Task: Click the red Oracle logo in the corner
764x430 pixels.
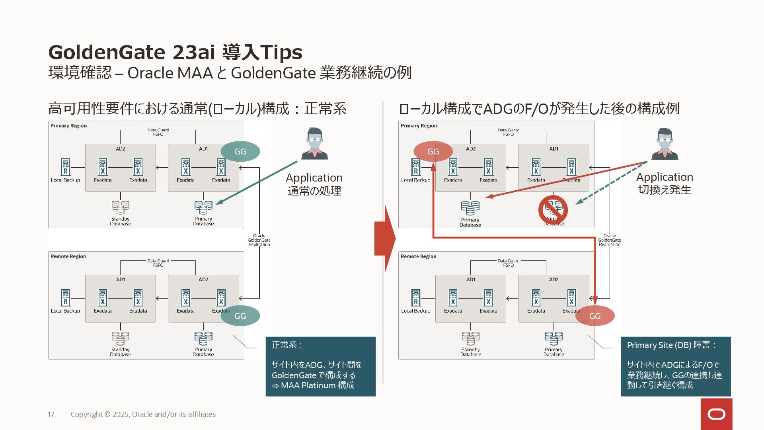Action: click(x=716, y=414)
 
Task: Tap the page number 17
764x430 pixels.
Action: click(x=51, y=414)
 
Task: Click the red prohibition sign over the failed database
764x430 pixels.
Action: click(x=553, y=209)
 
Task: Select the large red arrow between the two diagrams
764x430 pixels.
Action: click(x=385, y=239)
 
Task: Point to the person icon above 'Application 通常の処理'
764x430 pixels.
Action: click(x=315, y=144)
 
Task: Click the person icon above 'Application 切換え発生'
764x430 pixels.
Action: click(x=665, y=144)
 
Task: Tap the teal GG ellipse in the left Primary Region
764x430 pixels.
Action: click(x=240, y=151)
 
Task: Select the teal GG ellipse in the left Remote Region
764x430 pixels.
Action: click(x=240, y=316)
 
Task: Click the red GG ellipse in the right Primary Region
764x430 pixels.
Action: click(x=433, y=151)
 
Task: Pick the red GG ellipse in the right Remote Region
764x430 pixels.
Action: click(x=594, y=316)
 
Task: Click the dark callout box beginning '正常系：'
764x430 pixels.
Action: click(x=320, y=366)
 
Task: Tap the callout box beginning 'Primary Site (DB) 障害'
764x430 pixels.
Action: click(x=675, y=366)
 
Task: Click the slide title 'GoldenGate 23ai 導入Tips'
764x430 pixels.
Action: click(x=175, y=52)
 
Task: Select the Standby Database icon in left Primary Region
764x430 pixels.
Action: click(x=120, y=207)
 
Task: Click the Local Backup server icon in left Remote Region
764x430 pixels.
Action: click(x=66, y=298)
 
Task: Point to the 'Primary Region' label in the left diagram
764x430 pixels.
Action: click(x=68, y=126)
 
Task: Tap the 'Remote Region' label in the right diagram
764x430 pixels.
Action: click(x=418, y=256)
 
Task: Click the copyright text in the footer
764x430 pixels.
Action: click(x=143, y=414)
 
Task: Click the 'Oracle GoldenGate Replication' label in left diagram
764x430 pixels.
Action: click(x=259, y=240)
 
